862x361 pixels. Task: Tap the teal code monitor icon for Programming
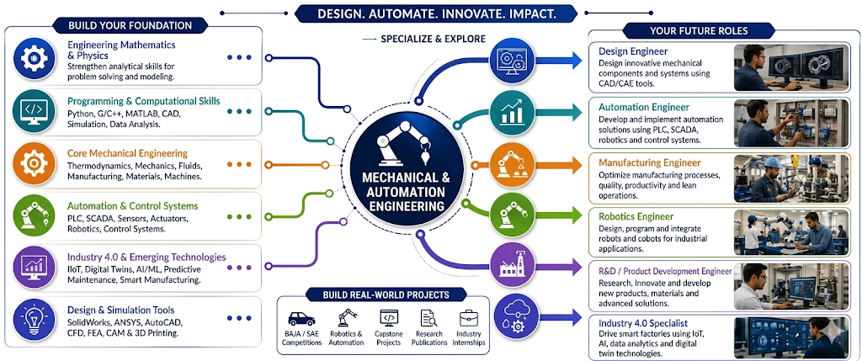coord(34,110)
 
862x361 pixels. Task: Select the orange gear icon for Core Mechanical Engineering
coord(34,162)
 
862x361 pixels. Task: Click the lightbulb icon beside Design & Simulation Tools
coord(34,319)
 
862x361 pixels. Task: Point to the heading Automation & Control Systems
coord(132,206)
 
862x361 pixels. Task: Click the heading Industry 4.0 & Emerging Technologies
coord(146,257)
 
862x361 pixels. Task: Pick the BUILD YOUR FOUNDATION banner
coord(130,25)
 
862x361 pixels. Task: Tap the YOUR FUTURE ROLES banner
coord(698,30)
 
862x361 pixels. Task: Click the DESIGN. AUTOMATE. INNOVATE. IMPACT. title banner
coord(437,13)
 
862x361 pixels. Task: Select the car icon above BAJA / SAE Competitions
coord(301,319)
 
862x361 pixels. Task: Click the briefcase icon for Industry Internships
coord(469,318)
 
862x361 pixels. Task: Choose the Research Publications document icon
coord(428,319)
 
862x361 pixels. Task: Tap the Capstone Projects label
coord(389,338)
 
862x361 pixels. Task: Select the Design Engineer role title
coord(633,51)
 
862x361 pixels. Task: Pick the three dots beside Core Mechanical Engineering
coord(239,164)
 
